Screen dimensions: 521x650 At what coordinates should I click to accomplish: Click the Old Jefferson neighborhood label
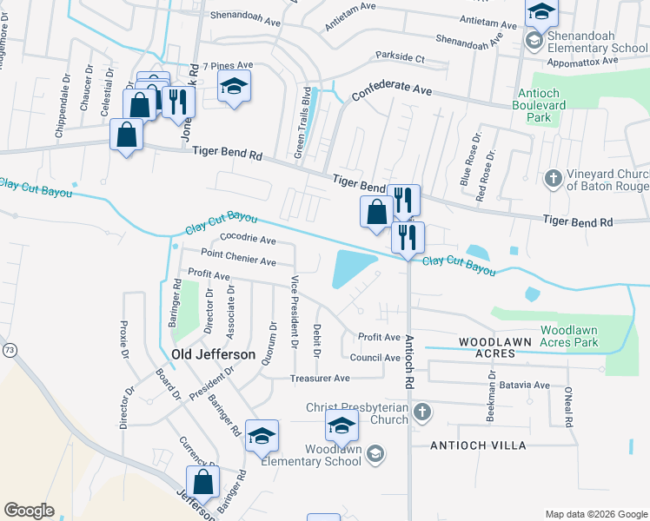[x=214, y=355]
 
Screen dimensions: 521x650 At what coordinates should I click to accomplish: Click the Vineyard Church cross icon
[x=552, y=179]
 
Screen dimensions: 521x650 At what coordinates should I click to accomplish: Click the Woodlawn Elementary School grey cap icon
[x=375, y=453]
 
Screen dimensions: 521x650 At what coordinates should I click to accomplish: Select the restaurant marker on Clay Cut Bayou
[x=408, y=237]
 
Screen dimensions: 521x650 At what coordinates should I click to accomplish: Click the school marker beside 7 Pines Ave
[x=234, y=86]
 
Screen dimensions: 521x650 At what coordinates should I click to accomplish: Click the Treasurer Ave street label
[x=320, y=379]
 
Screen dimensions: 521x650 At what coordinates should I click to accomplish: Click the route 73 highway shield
[x=10, y=349]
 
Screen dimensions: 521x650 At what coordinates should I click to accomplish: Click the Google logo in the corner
[x=30, y=511]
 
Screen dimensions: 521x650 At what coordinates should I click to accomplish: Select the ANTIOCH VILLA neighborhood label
[x=479, y=445]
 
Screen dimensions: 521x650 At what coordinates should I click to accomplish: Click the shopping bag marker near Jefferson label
[x=202, y=482]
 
